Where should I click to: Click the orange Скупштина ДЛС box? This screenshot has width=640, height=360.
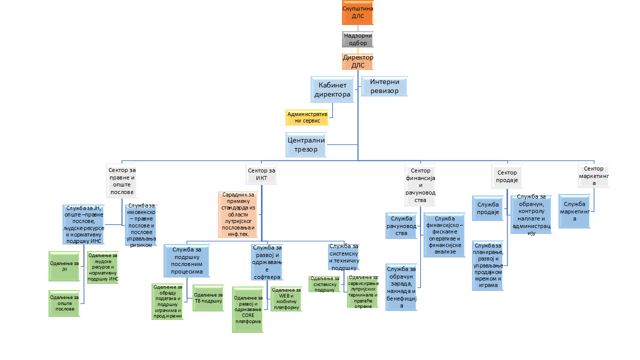(357, 12)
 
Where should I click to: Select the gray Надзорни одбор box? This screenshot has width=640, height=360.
(357, 39)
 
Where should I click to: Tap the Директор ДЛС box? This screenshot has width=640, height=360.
(357, 61)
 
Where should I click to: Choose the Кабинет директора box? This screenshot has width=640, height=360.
(332, 89)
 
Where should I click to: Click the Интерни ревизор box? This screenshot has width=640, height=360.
(384, 86)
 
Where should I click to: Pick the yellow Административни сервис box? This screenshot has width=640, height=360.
(307, 117)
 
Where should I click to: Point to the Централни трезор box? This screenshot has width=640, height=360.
(306, 144)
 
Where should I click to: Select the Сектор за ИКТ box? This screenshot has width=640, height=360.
(261, 174)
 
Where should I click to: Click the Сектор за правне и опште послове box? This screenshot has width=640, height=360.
(121, 181)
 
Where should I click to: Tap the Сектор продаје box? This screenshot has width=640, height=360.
(507, 176)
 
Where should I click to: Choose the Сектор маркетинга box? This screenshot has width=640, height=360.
(593, 175)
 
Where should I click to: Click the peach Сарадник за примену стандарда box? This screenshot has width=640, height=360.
(238, 214)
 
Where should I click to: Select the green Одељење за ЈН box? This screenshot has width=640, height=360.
(64, 266)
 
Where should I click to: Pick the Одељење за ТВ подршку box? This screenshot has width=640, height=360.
(208, 298)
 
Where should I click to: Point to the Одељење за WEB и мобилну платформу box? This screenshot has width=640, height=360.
(286, 299)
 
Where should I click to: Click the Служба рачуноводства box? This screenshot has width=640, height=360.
(401, 225)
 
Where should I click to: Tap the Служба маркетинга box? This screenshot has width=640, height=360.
(574, 211)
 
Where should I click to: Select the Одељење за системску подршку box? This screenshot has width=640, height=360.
(324, 284)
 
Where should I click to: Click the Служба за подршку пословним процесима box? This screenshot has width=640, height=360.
(187, 260)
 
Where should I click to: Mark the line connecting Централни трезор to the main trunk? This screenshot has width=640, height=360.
(342, 144)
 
